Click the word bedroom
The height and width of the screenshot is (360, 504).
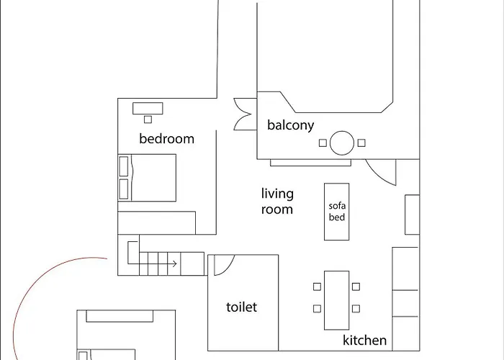pyautogui.click(x=166, y=139)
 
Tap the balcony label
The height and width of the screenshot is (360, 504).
pyautogui.click(x=290, y=125)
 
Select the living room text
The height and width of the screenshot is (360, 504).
pyautogui.click(x=277, y=202)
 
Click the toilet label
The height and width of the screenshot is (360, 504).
pyautogui.click(x=241, y=307)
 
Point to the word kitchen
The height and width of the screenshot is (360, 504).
pyautogui.click(x=364, y=341)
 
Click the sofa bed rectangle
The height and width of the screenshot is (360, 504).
pyautogui.click(x=337, y=211)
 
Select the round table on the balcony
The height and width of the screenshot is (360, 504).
pyautogui.click(x=342, y=143)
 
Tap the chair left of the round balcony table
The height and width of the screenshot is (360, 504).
pyautogui.click(x=323, y=143)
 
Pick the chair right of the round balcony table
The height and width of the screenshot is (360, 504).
pyautogui.click(x=361, y=143)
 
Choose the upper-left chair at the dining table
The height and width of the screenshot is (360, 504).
pyautogui.click(x=317, y=286)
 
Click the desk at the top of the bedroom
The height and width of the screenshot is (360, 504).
pyautogui.click(x=148, y=108)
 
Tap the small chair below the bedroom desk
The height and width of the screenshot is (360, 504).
pyautogui.click(x=148, y=120)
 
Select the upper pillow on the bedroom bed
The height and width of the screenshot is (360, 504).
pyautogui.click(x=124, y=166)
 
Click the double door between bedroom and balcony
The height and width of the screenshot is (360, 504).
pyautogui.click(x=242, y=114)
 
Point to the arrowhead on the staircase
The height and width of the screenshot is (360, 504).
pyautogui.click(x=174, y=264)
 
